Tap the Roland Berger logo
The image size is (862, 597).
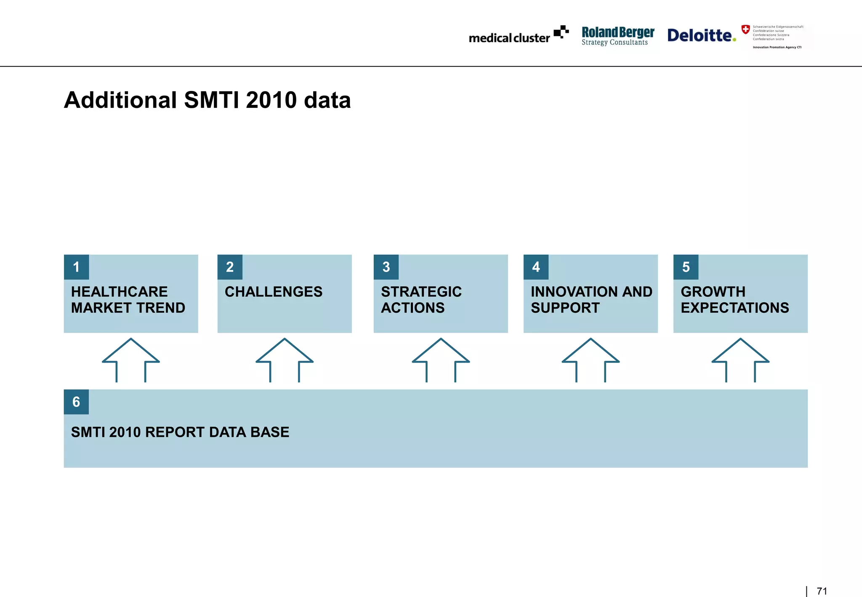pos(617,36)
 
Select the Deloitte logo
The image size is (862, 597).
pos(701,35)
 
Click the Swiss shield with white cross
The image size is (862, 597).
pos(745,29)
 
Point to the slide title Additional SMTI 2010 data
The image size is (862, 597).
pos(207,100)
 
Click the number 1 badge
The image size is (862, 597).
pos(76,267)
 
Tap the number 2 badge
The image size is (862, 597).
pos(230,267)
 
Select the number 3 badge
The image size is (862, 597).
pos(386,267)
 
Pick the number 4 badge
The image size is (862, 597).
pos(536,267)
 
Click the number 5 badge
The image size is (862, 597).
pos(686,267)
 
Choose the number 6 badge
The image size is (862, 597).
pos(76,402)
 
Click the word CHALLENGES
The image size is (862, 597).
pos(274,292)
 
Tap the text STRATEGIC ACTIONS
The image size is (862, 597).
pos(421,300)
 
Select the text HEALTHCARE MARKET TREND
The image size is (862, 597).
pos(128,300)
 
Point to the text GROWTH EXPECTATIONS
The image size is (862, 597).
pos(734,300)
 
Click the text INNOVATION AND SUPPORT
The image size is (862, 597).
pos(591,300)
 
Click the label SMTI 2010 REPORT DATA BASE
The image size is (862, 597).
pos(180,432)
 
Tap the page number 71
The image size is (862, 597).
pos(822,591)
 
